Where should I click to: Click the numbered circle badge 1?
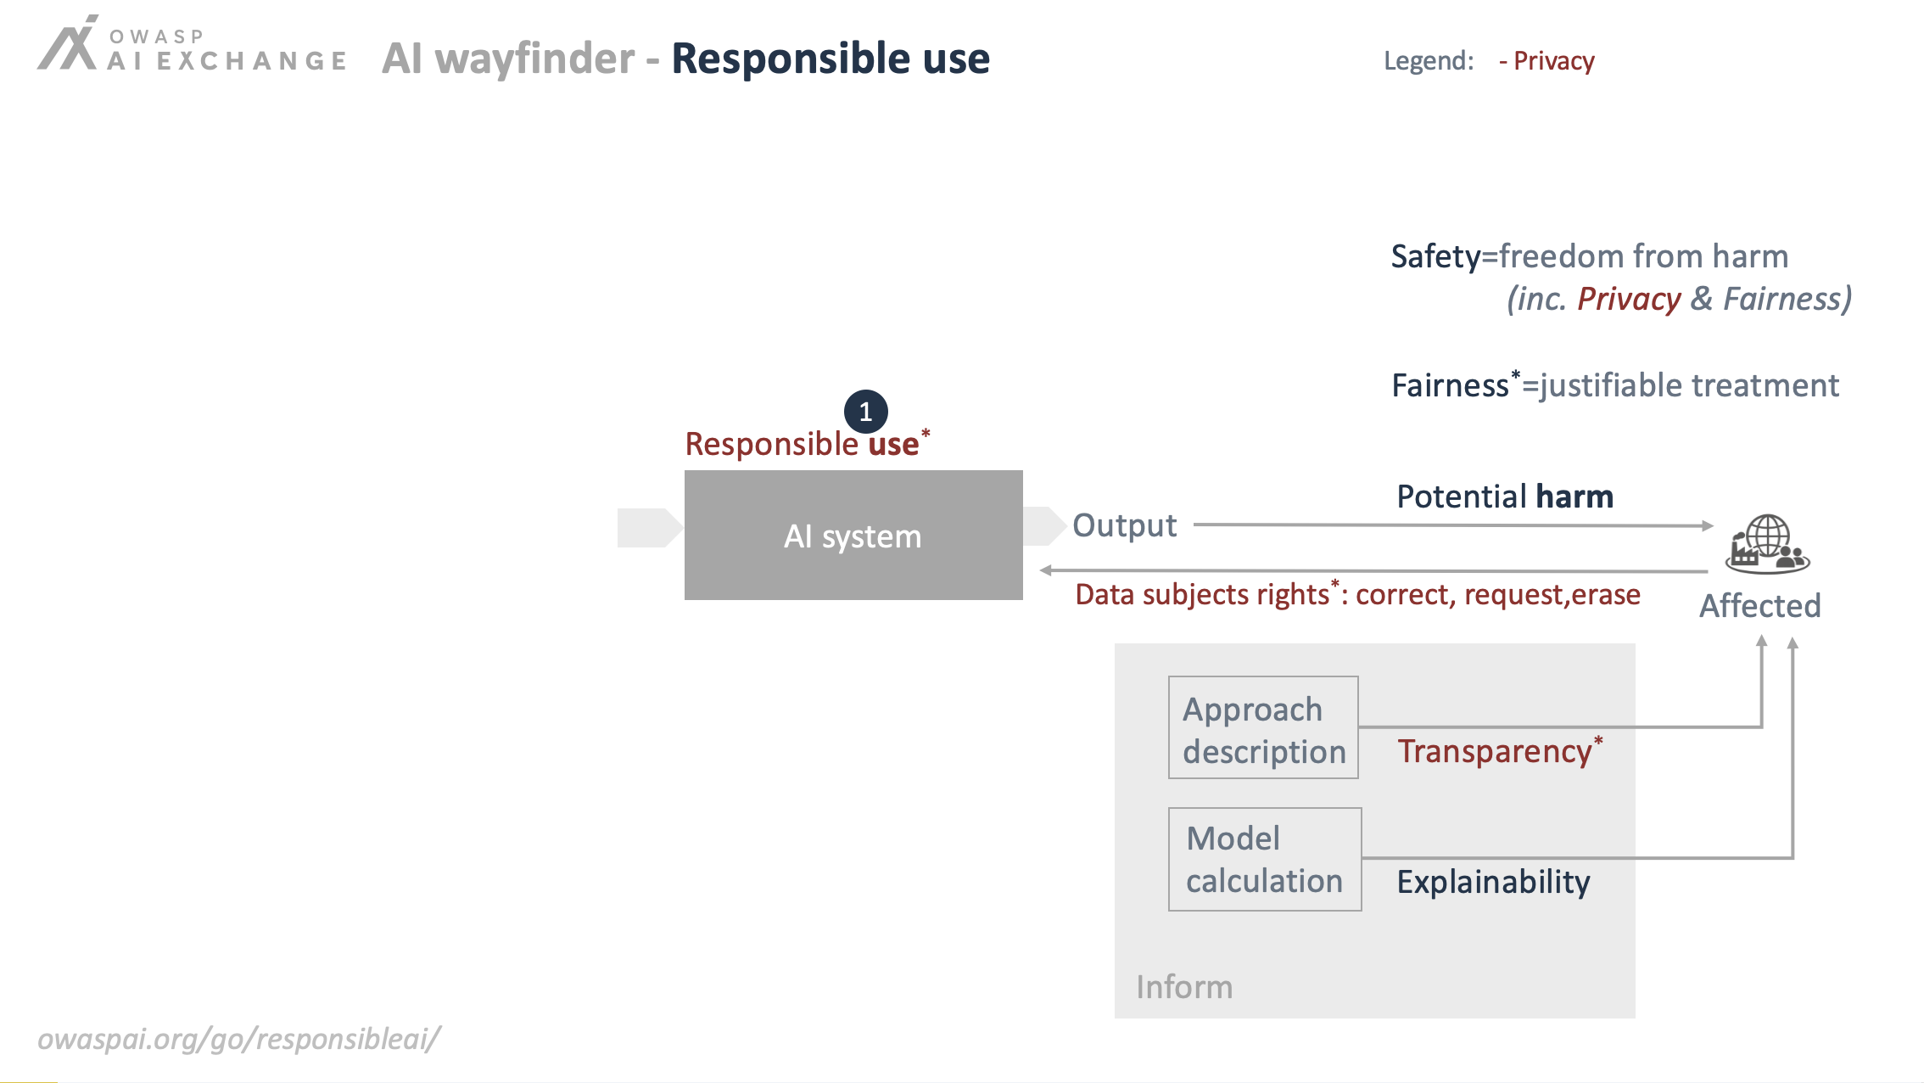(x=865, y=412)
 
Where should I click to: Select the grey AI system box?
(x=853, y=535)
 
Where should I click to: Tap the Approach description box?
(x=1263, y=727)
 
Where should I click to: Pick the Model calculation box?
(x=1265, y=859)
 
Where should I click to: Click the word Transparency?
(x=1495, y=751)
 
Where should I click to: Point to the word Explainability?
(x=1494, y=882)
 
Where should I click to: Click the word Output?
(x=1125, y=525)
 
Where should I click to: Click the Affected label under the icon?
(x=1760, y=606)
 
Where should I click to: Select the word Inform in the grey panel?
(x=1184, y=987)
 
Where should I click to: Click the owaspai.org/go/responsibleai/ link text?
(x=239, y=1039)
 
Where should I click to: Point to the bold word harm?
(x=1574, y=497)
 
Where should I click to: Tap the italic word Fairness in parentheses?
(x=1781, y=299)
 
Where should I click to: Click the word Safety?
(x=1435, y=257)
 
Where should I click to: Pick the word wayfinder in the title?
(x=534, y=59)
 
